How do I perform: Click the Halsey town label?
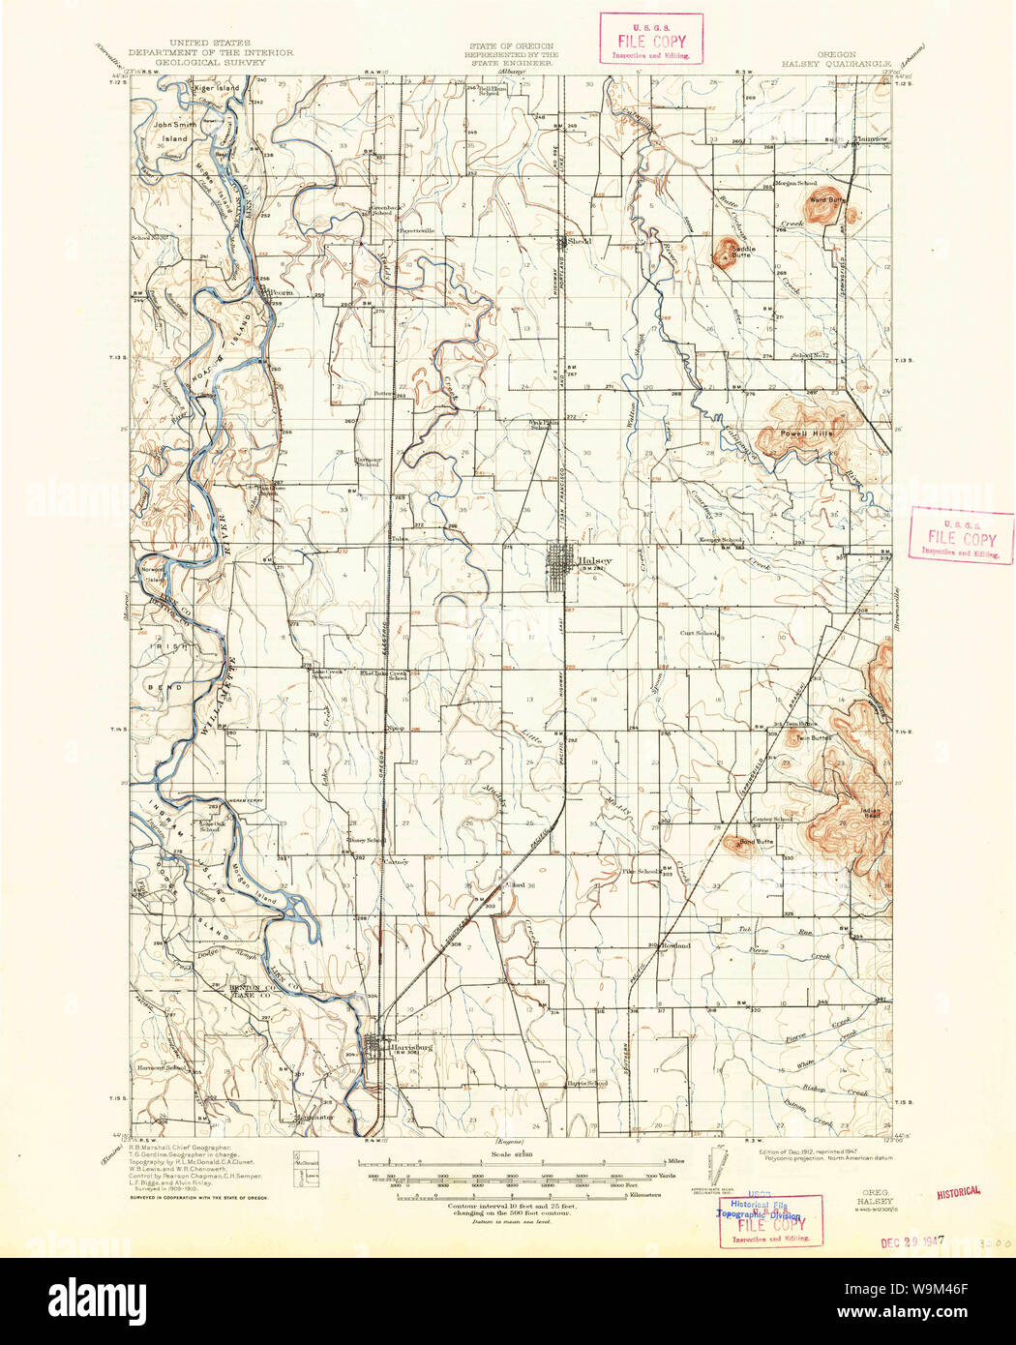coord(594,560)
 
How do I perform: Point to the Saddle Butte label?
coord(743,249)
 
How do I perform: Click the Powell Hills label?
coord(809,433)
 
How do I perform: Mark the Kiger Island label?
coord(215,88)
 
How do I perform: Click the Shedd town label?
coord(579,241)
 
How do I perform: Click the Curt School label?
coord(698,633)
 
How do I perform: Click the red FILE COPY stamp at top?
coord(650,41)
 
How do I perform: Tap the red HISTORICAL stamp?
coord(958,1192)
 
